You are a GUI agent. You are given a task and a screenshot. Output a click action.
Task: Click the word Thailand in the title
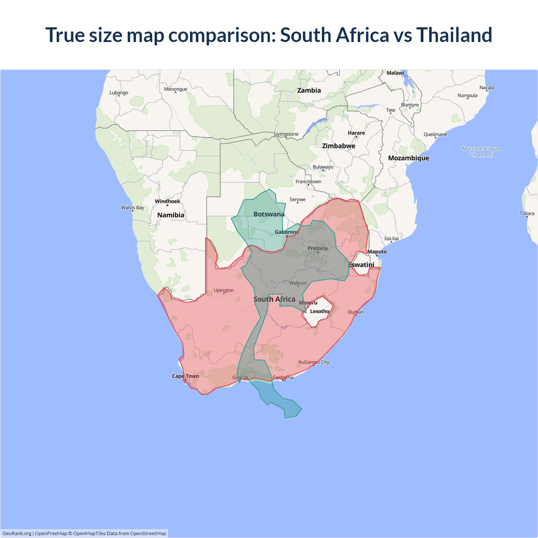(454, 35)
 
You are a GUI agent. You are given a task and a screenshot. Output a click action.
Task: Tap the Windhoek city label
(167, 201)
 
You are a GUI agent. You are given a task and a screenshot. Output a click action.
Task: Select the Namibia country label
(171, 215)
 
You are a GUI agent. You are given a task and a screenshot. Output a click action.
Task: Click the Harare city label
(356, 133)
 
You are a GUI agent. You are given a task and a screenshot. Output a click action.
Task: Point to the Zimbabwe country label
(338, 146)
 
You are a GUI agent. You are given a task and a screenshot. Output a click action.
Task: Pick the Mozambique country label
(409, 158)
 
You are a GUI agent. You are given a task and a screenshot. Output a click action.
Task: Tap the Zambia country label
(309, 90)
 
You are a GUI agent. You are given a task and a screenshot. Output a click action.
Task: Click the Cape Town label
(185, 376)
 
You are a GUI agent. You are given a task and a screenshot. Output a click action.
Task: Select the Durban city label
(356, 312)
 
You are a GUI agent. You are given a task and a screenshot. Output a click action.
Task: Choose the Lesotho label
(319, 311)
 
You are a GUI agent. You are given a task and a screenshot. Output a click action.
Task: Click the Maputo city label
(377, 252)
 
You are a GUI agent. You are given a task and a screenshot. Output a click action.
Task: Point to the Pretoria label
(317, 248)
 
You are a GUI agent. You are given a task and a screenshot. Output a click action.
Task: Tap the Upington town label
(224, 290)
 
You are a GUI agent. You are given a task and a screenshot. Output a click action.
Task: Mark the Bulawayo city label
(323, 167)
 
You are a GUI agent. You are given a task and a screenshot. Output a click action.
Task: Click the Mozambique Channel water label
(481, 152)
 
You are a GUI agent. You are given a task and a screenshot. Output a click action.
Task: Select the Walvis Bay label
(132, 208)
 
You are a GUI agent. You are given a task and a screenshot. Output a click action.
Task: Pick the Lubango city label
(119, 92)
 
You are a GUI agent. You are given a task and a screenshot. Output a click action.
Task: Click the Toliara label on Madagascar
(527, 214)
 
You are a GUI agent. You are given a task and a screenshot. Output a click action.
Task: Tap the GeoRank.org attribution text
(17, 533)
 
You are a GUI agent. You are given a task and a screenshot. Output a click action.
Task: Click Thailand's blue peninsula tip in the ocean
(290, 410)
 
